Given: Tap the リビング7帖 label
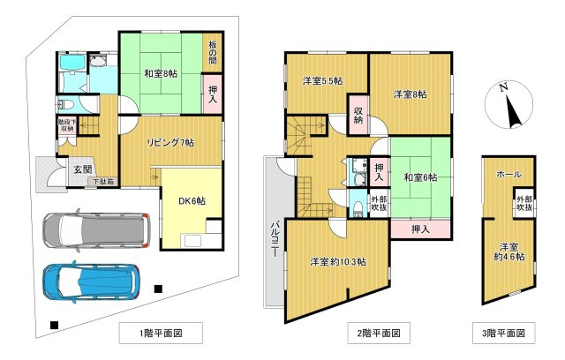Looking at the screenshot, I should [170, 142].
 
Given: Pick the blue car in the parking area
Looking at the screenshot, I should [91, 282].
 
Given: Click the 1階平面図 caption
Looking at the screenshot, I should [161, 334].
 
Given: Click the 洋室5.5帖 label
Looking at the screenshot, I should [323, 81].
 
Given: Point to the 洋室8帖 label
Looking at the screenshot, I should [410, 94].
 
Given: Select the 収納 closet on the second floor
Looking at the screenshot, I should [359, 116].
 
